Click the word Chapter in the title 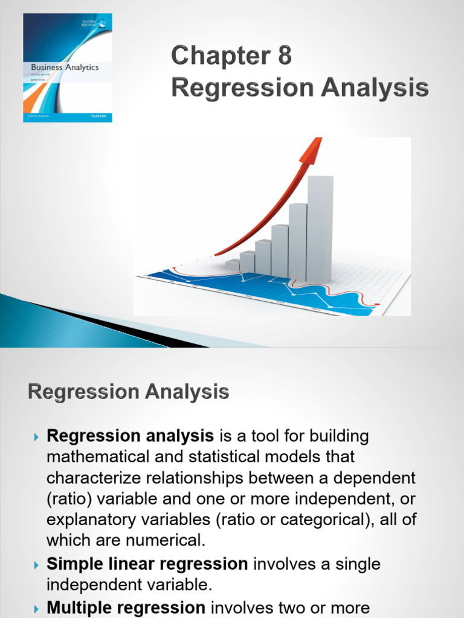coord(216,57)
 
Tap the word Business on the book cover coord(47,68)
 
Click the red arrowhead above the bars coord(311,150)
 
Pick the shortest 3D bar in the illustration coord(233,265)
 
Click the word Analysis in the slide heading coord(187,393)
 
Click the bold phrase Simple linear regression coord(147,564)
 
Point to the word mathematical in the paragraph coord(99,457)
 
